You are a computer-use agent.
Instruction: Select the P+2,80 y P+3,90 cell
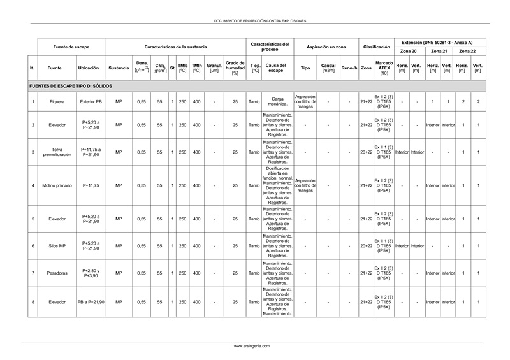[x=90, y=273]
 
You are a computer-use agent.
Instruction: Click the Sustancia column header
[x=119, y=67]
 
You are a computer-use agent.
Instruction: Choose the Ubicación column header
[x=89, y=67]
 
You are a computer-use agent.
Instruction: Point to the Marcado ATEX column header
[x=384, y=67]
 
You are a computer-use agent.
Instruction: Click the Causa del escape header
[x=276, y=67]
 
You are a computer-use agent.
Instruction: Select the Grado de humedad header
[x=235, y=67]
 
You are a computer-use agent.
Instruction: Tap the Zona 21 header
[x=439, y=50]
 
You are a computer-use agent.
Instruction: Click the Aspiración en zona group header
[x=326, y=47]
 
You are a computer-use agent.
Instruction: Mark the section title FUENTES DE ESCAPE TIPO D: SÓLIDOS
[x=71, y=85]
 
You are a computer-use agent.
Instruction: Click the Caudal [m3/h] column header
[x=328, y=67]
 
